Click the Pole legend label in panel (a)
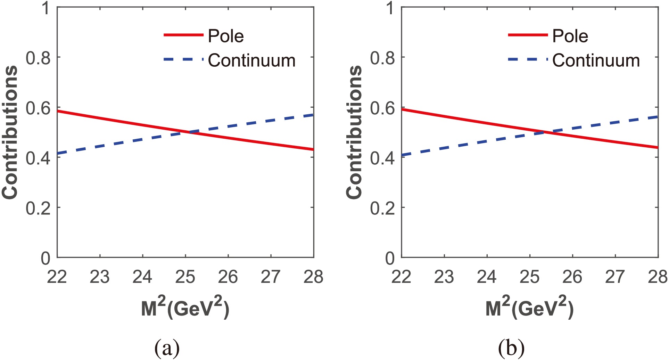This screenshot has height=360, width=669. pyautogui.click(x=226, y=36)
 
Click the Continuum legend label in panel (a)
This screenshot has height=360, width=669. pyautogui.click(x=251, y=60)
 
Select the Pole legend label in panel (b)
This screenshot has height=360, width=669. pyautogui.click(x=570, y=36)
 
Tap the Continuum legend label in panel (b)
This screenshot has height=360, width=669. pyautogui.click(x=596, y=60)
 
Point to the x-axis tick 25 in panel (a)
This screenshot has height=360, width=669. pyautogui.click(x=185, y=277)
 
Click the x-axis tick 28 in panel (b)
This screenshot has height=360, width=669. pyautogui.click(x=658, y=277)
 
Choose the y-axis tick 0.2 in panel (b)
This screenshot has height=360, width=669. pyautogui.click(x=382, y=208)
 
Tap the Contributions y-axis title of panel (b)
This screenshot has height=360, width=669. pyautogui.click(x=354, y=132)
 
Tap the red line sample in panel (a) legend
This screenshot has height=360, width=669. pyautogui.click(x=183, y=35)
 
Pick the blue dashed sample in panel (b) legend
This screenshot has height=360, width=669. pyautogui.click(x=527, y=59)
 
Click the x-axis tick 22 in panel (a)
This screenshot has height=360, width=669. pyautogui.click(x=57, y=277)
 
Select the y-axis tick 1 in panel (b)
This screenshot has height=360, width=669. pyautogui.click(x=390, y=8)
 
